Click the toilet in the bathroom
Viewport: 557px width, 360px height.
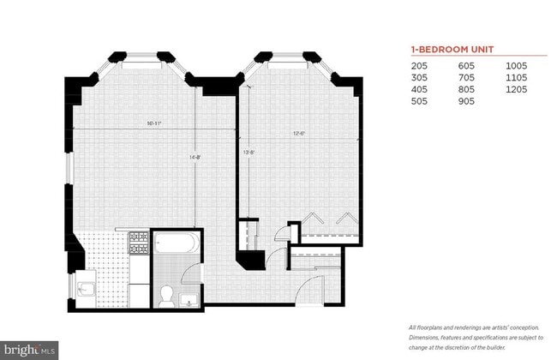tap(167, 295)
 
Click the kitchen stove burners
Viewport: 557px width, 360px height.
tap(138, 244)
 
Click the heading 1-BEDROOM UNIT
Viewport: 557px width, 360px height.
tap(446, 51)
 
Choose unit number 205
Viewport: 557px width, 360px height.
tap(419, 66)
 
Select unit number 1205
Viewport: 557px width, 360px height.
tap(516, 88)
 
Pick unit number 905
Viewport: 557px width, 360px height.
tap(467, 99)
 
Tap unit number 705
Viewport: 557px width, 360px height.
tap(467, 77)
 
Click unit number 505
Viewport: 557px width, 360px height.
tap(419, 99)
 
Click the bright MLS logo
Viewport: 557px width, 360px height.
tap(30, 349)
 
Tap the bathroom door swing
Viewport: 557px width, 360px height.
tap(188, 279)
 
